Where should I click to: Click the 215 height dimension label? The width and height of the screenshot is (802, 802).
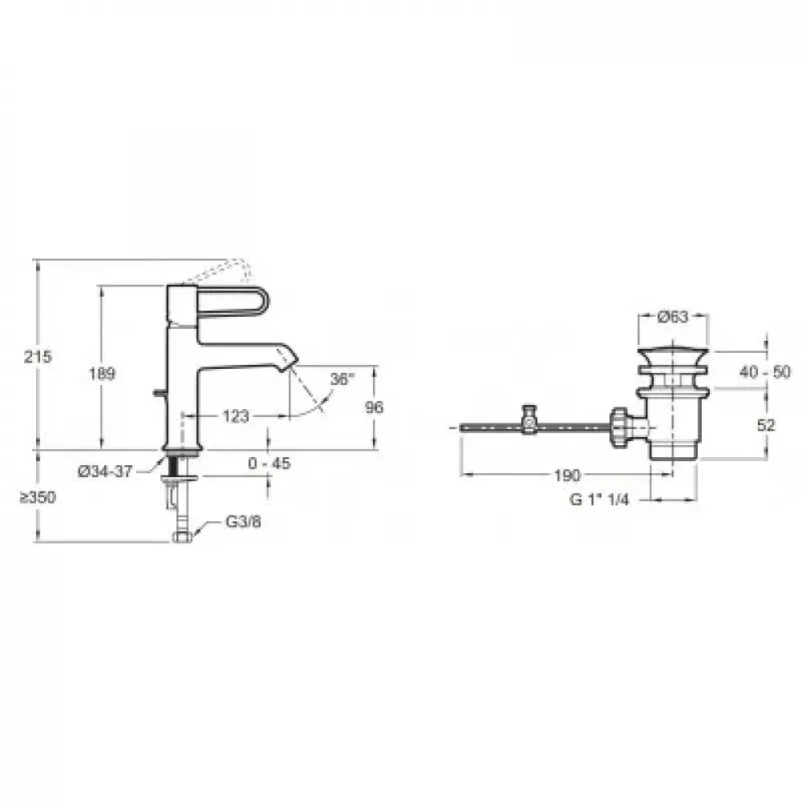point(38,357)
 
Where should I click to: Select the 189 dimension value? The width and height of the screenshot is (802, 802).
point(103,374)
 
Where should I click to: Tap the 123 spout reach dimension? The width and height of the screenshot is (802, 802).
point(236,416)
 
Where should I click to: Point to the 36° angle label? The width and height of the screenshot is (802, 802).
point(342,379)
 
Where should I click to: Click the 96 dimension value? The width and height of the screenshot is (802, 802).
point(375,407)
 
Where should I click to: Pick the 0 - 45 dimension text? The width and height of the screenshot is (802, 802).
point(269,464)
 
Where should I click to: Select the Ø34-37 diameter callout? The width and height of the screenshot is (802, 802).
point(105,471)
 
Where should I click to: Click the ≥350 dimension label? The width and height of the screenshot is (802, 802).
point(38,497)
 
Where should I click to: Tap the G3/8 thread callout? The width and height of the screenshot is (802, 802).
point(244,522)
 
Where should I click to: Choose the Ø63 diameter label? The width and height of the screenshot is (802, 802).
point(673,317)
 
